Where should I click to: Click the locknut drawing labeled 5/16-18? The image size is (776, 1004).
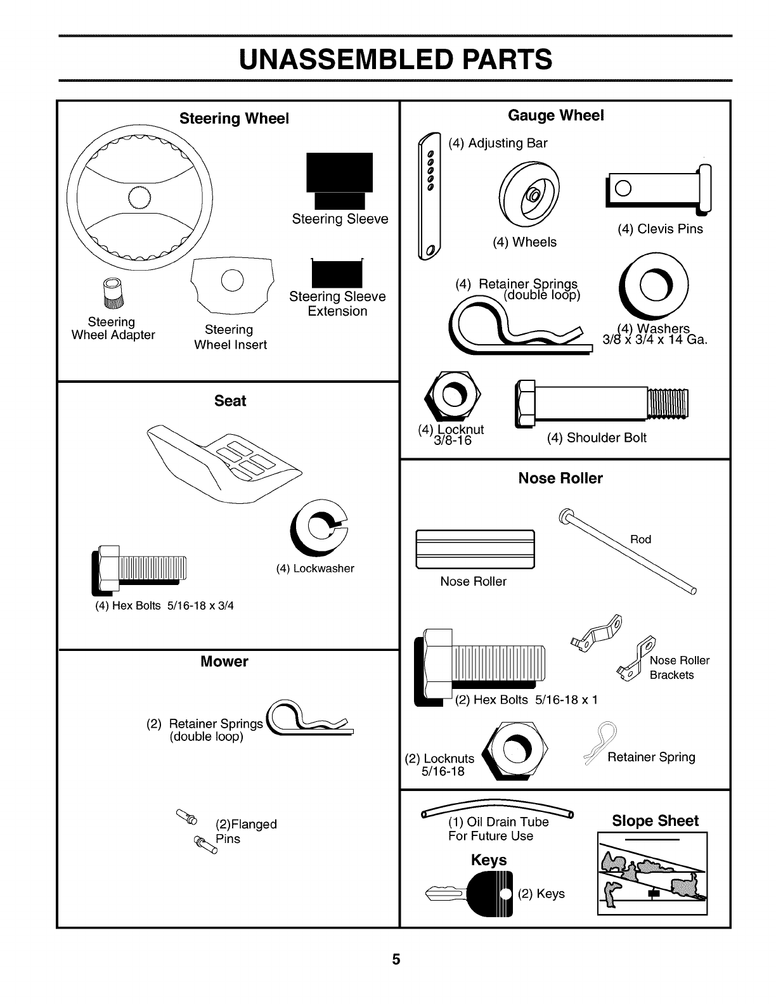(x=516, y=752)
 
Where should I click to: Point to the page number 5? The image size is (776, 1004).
(x=396, y=960)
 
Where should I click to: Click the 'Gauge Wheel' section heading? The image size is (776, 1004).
(x=556, y=115)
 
